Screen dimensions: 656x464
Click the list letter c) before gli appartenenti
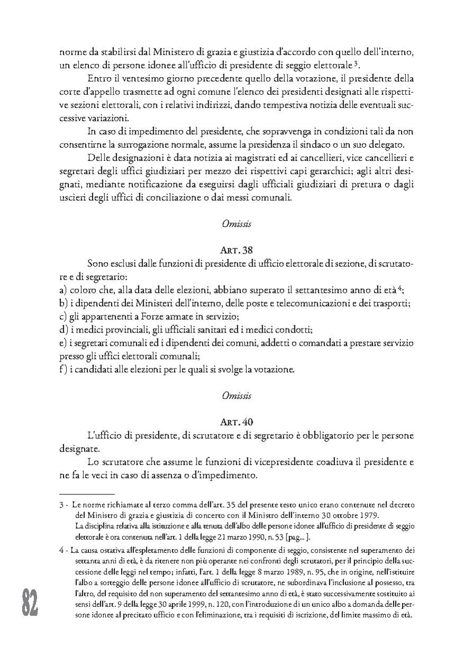pyautogui.click(x=63, y=317)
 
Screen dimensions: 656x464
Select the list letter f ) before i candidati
pyautogui.click(x=64, y=369)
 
